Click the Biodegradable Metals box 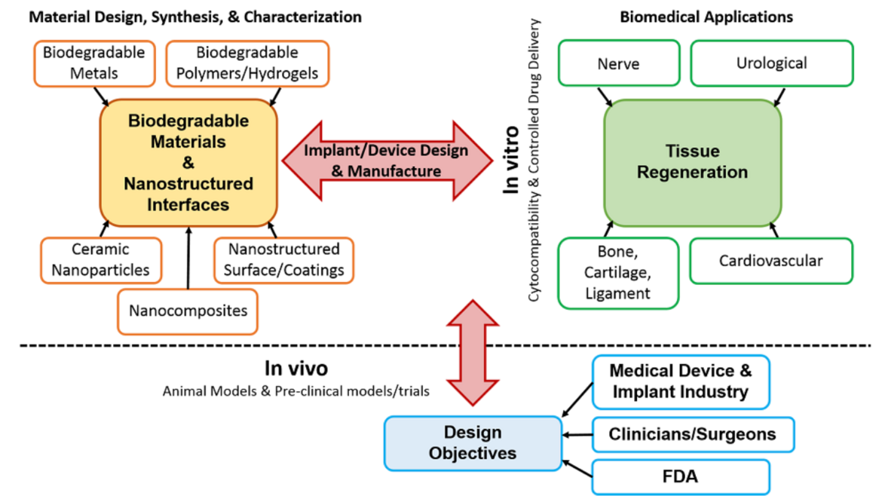pyautogui.click(x=90, y=63)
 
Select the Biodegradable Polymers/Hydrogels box pyautogui.click(x=247, y=63)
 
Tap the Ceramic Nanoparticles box pyautogui.click(x=101, y=259)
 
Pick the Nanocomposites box pyautogui.click(x=188, y=311)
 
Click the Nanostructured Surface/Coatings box pyautogui.click(x=284, y=259)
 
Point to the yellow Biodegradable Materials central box pyautogui.click(x=189, y=162)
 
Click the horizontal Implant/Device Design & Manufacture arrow pyautogui.click(x=386, y=161)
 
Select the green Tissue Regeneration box pyautogui.click(x=692, y=162)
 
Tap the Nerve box pyautogui.click(x=617, y=64)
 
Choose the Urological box pyautogui.click(x=771, y=63)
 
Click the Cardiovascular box pyautogui.click(x=770, y=262)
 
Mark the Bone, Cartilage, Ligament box pyautogui.click(x=617, y=272)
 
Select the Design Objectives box pyautogui.click(x=472, y=442)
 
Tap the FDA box pyautogui.click(x=681, y=477)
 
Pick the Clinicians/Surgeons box pyautogui.click(x=692, y=434)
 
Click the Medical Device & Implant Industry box pyautogui.click(x=680, y=381)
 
